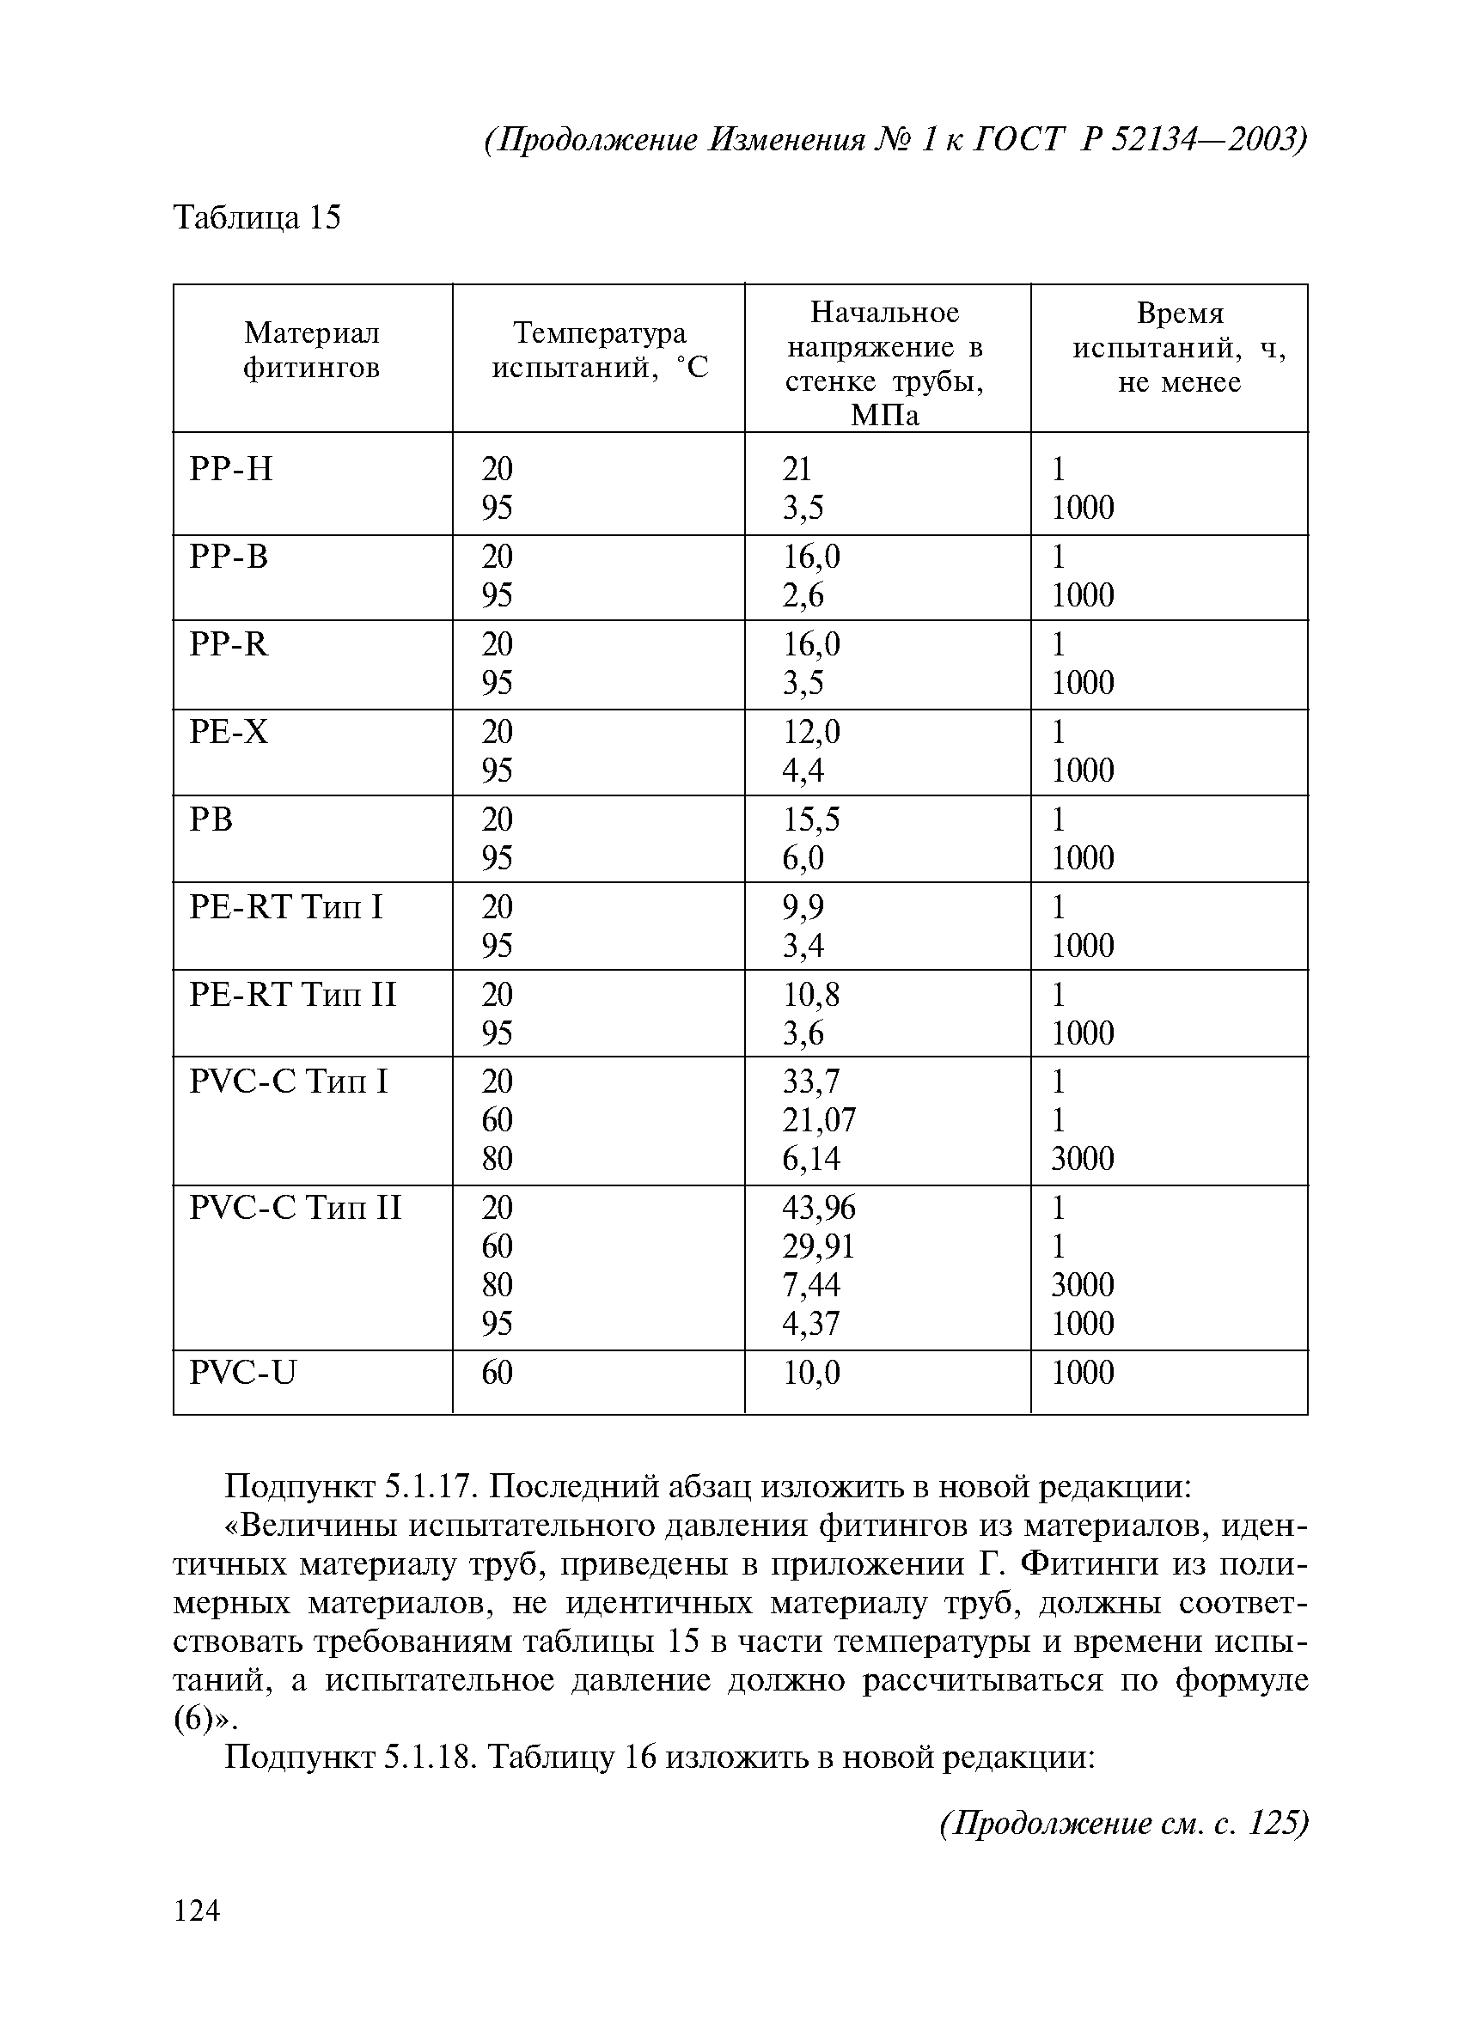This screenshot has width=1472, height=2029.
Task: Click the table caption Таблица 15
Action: (257, 217)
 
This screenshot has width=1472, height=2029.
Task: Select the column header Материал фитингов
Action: (311, 350)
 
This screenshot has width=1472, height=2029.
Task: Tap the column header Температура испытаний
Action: (599, 350)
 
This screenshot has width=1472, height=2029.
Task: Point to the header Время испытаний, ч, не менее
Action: (1178, 347)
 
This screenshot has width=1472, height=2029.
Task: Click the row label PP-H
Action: (231, 469)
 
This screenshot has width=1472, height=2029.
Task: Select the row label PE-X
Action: (229, 733)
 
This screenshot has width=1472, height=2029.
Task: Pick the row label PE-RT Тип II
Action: (293, 995)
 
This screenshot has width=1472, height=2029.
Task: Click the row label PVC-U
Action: (241, 1373)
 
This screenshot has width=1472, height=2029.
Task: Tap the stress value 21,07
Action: (819, 1119)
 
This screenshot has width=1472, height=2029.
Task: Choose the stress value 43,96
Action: (819, 1208)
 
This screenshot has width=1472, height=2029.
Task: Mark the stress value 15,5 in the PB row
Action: (810, 820)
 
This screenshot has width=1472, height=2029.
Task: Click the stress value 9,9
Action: (803, 907)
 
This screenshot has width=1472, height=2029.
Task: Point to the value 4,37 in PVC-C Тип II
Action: (810, 1323)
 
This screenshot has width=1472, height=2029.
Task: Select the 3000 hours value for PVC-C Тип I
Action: (1082, 1159)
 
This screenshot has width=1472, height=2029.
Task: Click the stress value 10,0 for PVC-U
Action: (810, 1373)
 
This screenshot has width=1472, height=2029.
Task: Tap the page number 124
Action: (196, 1911)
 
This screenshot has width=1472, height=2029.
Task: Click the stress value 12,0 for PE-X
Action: (810, 733)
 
